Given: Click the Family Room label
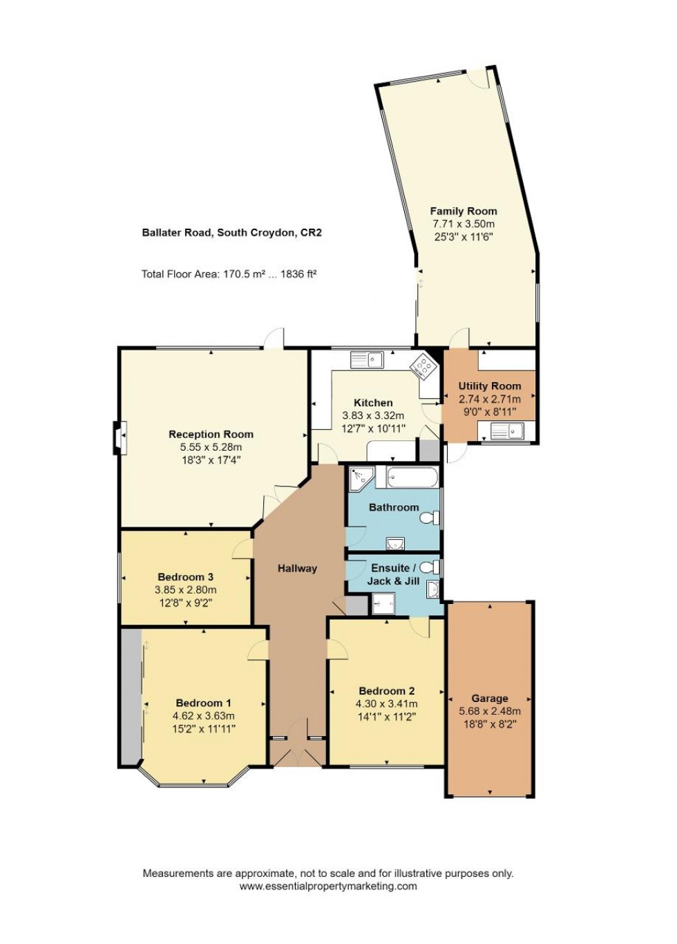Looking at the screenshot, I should [463, 211].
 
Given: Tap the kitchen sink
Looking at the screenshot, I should [367, 359].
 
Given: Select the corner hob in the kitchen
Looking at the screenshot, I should [423, 366].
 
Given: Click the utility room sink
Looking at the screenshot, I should [506, 433].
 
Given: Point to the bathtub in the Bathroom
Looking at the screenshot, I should [412, 478].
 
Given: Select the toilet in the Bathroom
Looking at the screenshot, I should [431, 518].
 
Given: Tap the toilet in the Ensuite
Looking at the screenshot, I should [430, 567].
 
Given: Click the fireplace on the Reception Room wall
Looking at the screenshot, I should [119, 437].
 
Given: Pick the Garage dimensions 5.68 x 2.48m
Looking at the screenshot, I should [490, 711].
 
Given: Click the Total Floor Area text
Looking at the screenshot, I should [229, 274].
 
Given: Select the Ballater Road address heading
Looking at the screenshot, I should [231, 233].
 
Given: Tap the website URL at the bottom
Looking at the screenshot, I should [328, 887].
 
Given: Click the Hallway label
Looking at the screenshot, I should [297, 569].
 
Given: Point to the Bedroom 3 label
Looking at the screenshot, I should [185, 577].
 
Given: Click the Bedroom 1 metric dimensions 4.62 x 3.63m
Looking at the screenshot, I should [203, 716].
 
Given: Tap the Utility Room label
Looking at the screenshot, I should [490, 386].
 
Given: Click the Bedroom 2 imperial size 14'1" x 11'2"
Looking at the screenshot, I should [386, 717].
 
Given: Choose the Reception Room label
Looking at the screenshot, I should [211, 435].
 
